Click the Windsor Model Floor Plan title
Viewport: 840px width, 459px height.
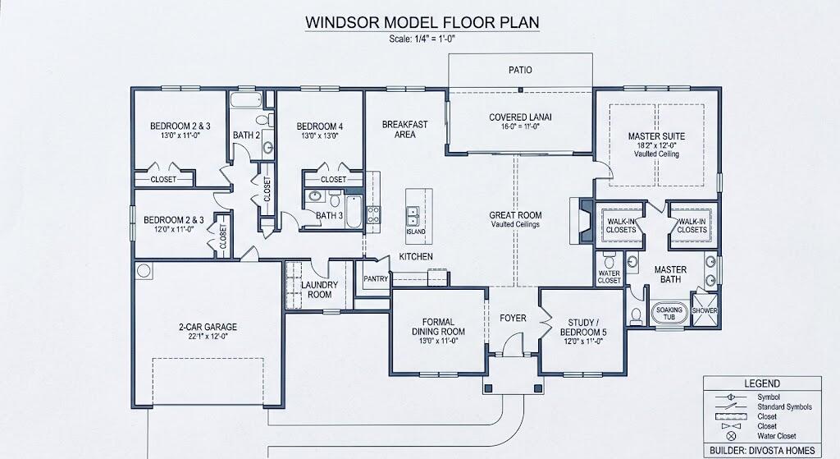click(x=422, y=22)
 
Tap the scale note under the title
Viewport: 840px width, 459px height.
click(x=422, y=39)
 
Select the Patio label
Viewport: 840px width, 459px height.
click(x=520, y=70)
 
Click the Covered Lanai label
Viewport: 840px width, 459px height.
click(x=520, y=117)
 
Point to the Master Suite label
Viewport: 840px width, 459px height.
click(x=656, y=136)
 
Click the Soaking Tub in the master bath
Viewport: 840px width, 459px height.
click(x=669, y=313)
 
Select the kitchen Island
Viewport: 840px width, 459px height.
click(x=416, y=213)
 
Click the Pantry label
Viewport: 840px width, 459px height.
click(x=376, y=279)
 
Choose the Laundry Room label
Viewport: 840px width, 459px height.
click(x=319, y=290)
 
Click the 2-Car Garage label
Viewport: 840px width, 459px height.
click(x=208, y=327)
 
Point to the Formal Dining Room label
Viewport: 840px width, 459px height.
click(x=438, y=327)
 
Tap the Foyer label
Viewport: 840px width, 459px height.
click(x=513, y=318)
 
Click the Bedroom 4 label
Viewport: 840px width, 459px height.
click(x=319, y=126)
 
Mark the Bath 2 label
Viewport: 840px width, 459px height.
click(x=246, y=135)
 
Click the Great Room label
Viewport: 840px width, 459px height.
click(x=515, y=215)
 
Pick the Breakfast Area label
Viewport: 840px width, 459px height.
click(x=404, y=129)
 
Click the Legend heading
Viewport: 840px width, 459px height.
click(x=762, y=383)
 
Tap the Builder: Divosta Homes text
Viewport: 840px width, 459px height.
click(x=762, y=451)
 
